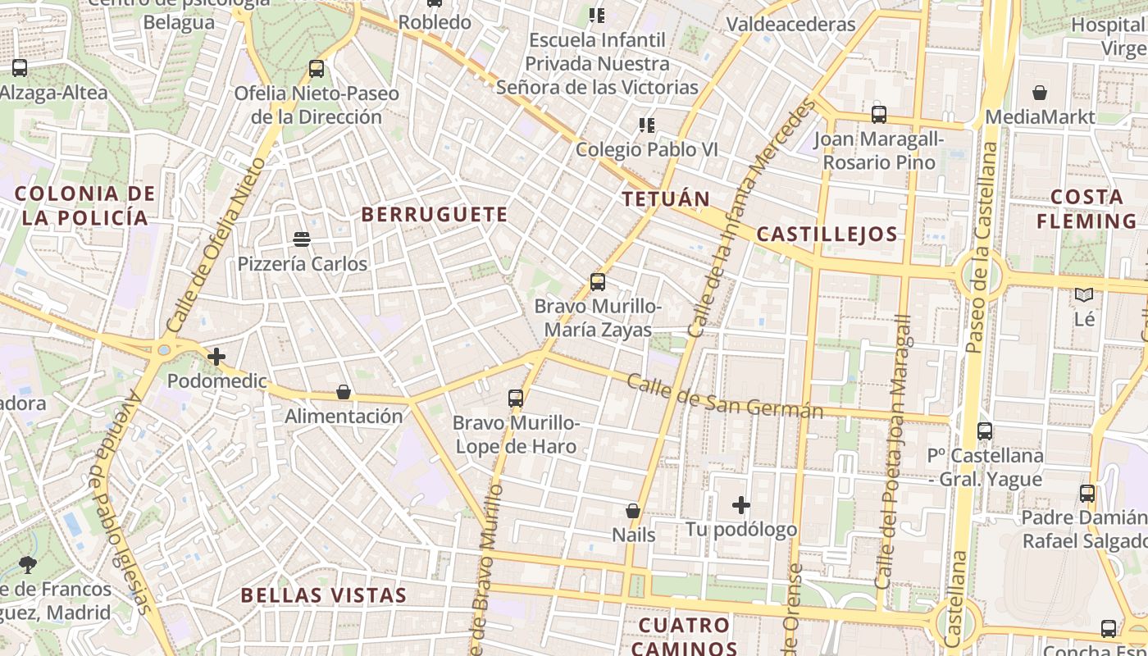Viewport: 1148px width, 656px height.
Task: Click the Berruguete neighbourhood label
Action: (x=435, y=215)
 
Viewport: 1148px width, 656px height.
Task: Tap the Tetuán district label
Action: (x=665, y=199)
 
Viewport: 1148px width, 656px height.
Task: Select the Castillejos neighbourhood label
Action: (x=827, y=235)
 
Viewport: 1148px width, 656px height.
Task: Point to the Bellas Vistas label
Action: (x=323, y=595)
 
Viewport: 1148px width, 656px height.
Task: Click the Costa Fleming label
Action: (x=1086, y=209)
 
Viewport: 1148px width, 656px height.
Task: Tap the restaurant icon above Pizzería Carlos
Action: (x=302, y=239)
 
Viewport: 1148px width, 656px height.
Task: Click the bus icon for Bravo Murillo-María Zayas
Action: (x=598, y=282)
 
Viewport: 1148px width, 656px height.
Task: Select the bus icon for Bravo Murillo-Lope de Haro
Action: (x=516, y=399)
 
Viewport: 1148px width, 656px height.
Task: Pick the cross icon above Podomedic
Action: (x=216, y=357)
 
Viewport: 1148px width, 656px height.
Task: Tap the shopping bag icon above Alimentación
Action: (x=344, y=392)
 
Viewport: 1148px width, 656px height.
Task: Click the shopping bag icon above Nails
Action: (x=633, y=511)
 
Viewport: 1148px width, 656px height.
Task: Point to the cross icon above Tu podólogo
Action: (x=741, y=505)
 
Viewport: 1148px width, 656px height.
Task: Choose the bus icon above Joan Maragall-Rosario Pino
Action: (x=879, y=114)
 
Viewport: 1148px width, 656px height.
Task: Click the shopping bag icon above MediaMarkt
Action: (x=1040, y=93)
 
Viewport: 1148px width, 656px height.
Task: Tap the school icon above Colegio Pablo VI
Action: (x=647, y=125)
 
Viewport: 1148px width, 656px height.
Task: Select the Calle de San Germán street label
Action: (x=725, y=396)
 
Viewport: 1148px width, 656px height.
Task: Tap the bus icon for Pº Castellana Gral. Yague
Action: (x=985, y=430)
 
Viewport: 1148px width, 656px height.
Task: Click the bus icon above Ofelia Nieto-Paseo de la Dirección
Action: (x=317, y=69)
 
